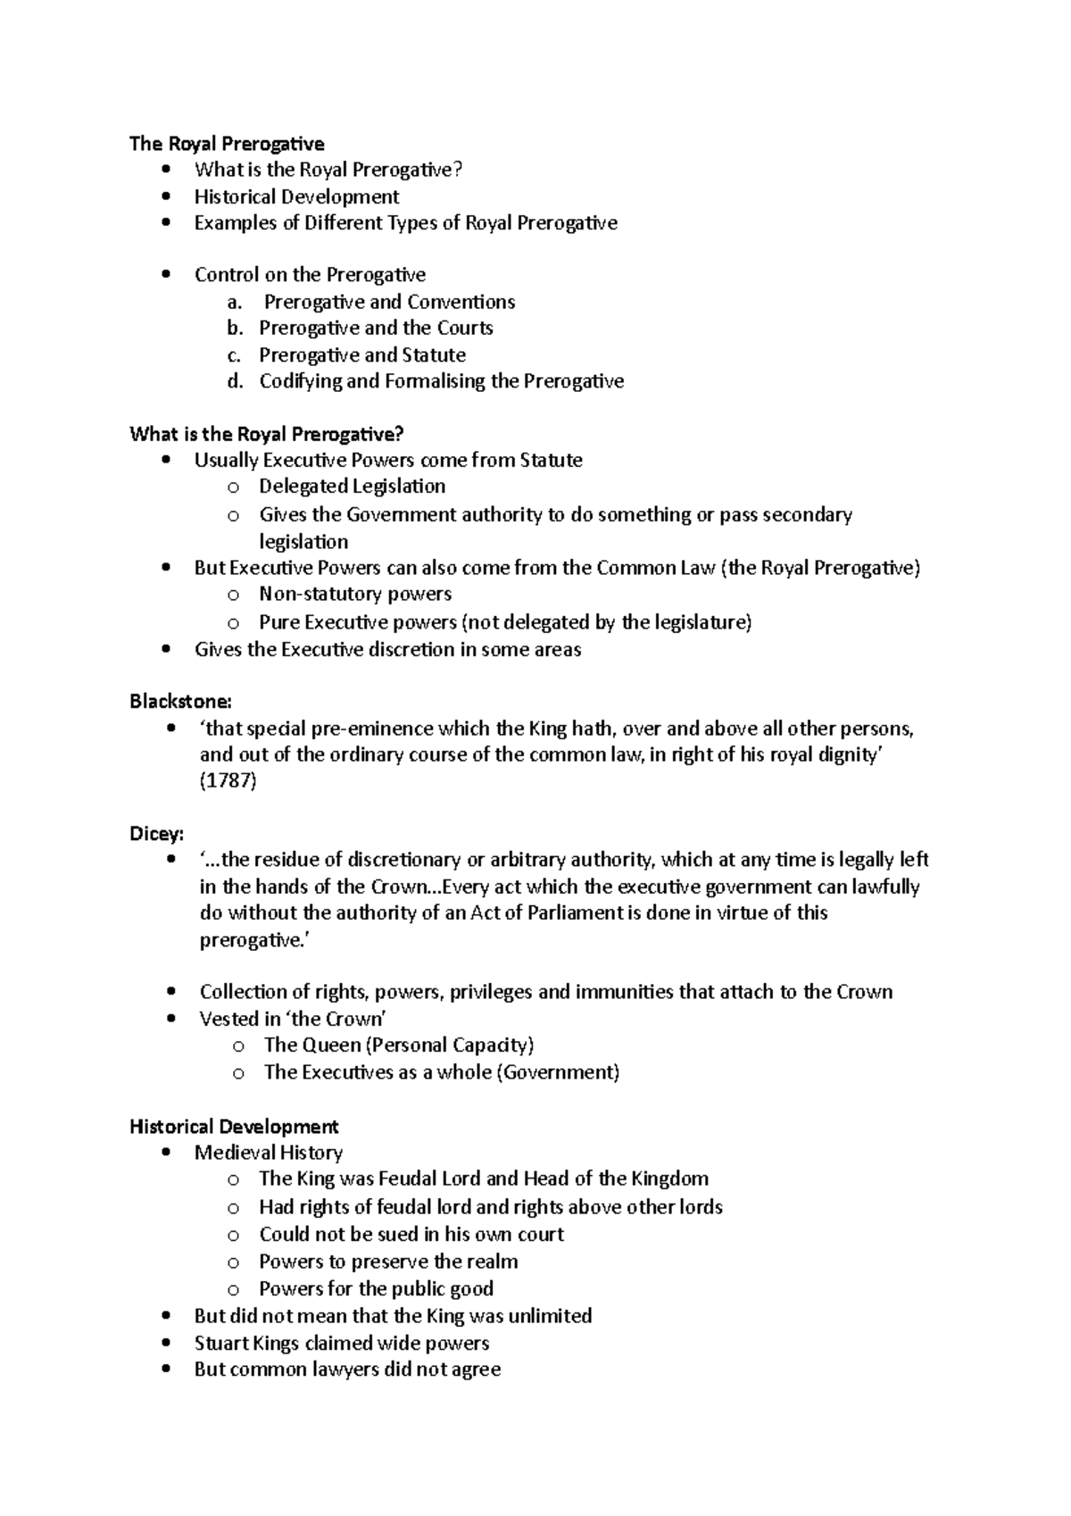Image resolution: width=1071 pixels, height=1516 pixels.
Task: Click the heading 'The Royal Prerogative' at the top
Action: [x=227, y=144]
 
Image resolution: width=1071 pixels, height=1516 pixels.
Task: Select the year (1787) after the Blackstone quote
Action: [x=228, y=781]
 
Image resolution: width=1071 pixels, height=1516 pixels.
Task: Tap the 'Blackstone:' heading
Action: [x=180, y=701]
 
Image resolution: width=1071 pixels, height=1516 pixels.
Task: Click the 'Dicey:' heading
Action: [x=156, y=833]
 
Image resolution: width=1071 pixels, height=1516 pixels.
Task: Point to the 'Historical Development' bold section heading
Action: [x=234, y=1127]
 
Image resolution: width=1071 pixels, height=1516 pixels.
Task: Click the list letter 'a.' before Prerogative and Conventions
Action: [x=235, y=302]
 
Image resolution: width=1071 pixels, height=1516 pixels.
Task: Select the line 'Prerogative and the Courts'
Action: [x=376, y=328]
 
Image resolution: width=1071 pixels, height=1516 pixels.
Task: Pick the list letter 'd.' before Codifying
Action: [x=235, y=381]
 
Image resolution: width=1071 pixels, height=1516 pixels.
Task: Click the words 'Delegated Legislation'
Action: [x=352, y=487]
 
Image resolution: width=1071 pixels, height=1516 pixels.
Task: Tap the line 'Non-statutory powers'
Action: [x=355, y=594]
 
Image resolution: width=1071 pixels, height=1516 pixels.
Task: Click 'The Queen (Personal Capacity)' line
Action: [x=398, y=1045]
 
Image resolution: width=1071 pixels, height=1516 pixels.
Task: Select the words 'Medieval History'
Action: [x=269, y=1153]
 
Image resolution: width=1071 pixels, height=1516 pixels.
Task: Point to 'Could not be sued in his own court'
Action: [x=411, y=1234]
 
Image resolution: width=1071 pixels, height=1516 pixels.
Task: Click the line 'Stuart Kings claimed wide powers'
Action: [x=342, y=1343]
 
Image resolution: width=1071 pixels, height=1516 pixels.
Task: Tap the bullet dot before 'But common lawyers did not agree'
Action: [x=167, y=1370]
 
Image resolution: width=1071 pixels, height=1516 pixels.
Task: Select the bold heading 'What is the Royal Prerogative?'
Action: [x=267, y=434]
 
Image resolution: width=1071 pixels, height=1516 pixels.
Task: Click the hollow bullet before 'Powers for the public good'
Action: [x=234, y=1289]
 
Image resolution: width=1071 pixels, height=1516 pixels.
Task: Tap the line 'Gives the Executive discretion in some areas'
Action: [x=387, y=649]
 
